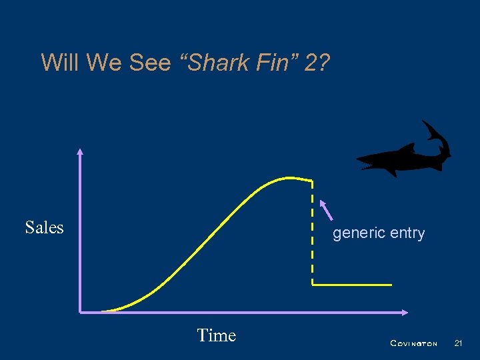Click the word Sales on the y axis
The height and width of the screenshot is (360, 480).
point(44,227)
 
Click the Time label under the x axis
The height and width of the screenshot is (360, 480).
point(217,335)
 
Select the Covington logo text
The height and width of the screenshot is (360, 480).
point(413,343)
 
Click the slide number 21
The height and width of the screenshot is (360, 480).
point(458,343)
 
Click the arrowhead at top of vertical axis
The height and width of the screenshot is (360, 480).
point(80,151)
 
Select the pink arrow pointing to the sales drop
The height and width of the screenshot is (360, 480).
point(327,209)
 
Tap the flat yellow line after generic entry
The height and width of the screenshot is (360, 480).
point(352,285)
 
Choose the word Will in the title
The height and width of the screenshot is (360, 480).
point(60,63)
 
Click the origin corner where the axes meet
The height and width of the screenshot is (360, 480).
point(80,311)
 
